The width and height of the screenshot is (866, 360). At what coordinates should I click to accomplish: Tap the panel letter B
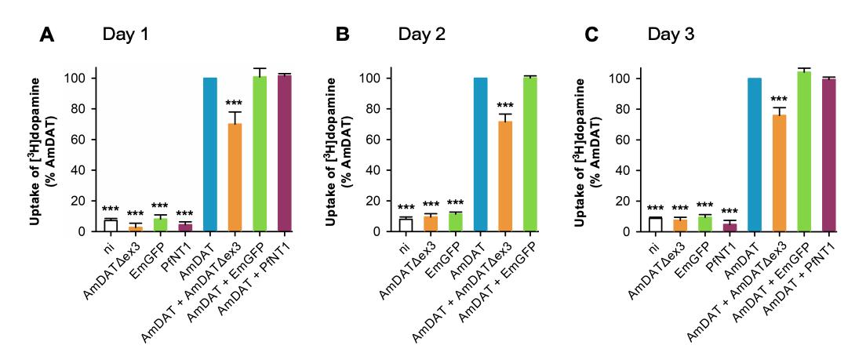click(343, 36)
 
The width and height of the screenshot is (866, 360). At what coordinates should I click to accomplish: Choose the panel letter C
click(614, 36)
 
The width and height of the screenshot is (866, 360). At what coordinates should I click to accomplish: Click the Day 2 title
click(420, 35)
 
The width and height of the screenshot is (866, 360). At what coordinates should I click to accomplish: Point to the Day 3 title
click(670, 35)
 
